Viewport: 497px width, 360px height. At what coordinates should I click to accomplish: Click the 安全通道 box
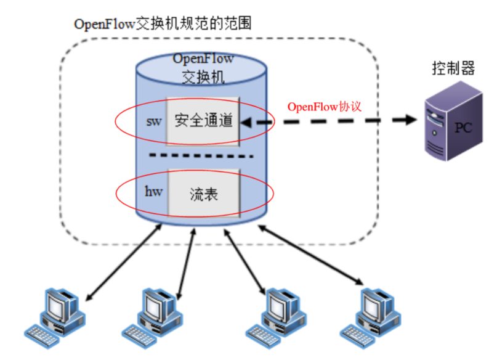[203, 121]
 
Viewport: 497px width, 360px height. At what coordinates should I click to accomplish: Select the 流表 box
[203, 192]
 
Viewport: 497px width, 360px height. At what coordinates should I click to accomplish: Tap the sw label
[153, 121]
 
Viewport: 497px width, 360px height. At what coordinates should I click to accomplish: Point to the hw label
[153, 192]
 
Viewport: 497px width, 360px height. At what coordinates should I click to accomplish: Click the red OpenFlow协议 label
[323, 106]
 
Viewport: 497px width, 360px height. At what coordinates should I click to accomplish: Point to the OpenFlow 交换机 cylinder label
[203, 68]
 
